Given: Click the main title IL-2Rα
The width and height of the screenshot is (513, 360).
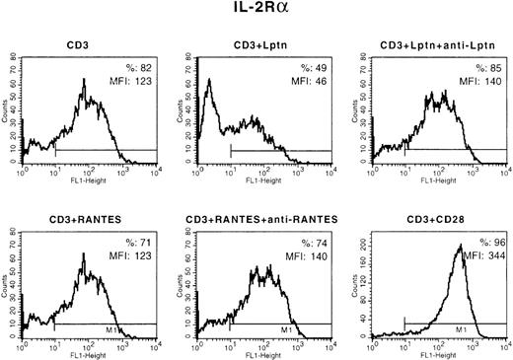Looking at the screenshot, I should pyautogui.click(x=256, y=11).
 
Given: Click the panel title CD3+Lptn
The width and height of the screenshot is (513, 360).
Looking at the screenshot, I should pyautogui.click(x=256, y=45).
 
